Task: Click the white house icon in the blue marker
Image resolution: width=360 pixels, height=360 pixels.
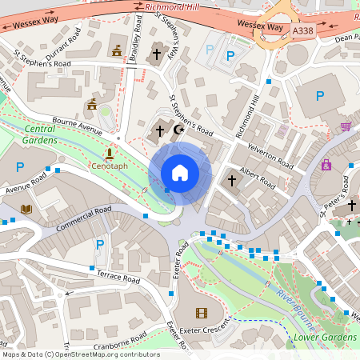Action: (x=179, y=173)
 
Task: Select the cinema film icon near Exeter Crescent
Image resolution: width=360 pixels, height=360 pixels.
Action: (x=200, y=313)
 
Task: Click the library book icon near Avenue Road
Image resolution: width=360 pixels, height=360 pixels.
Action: (x=26, y=210)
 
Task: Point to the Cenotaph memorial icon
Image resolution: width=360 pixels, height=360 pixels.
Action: (x=109, y=152)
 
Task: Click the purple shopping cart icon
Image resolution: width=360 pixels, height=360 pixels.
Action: (x=345, y=126)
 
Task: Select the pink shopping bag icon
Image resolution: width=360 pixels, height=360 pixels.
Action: (x=326, y=165)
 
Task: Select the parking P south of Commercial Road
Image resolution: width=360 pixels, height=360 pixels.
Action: (x=100, y=244)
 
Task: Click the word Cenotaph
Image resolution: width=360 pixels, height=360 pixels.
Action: (x=109, y=166)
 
